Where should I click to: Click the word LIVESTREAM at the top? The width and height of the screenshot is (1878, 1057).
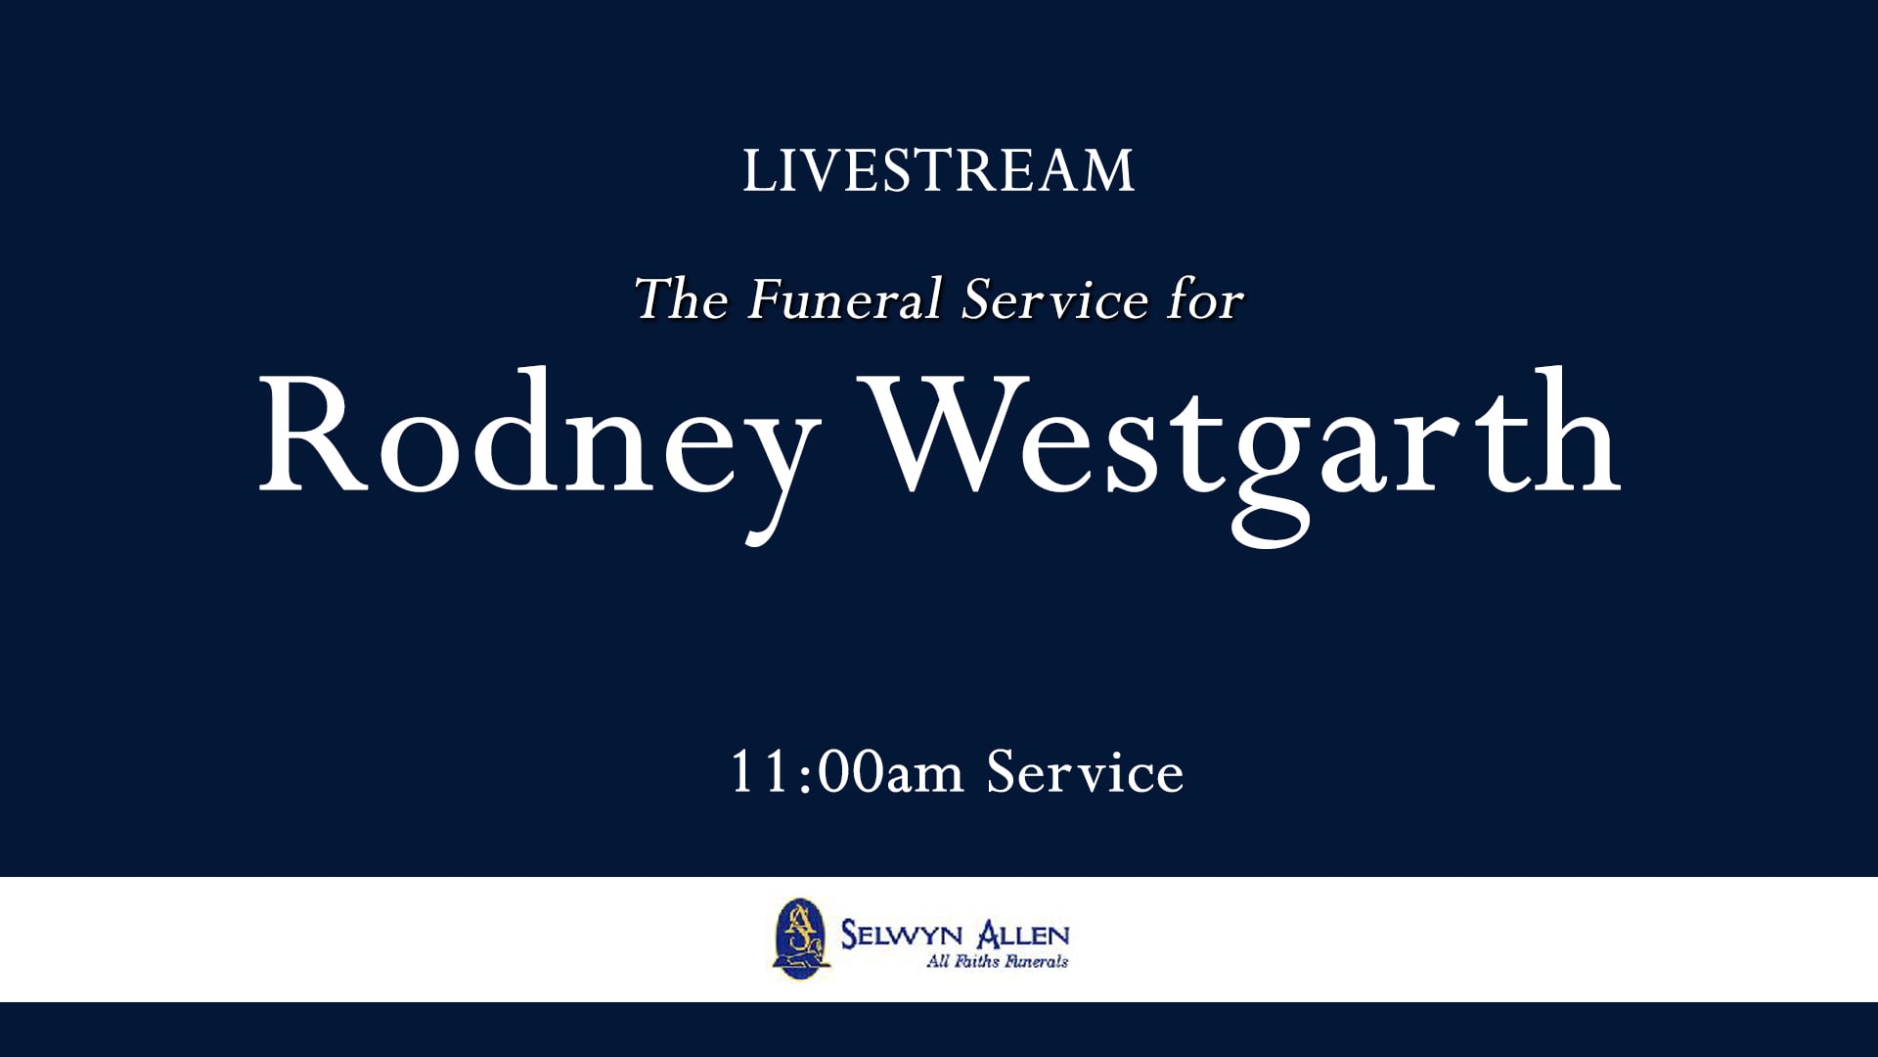click(938, 171)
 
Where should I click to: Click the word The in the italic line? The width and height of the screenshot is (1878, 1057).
click(682, 299)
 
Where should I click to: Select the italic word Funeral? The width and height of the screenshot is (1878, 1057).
click(845, 299)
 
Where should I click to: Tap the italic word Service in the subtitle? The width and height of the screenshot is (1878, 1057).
click(1054, 299)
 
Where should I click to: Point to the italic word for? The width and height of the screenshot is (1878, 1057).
click(1205, 299)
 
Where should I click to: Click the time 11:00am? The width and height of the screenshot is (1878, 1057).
click(847, 773)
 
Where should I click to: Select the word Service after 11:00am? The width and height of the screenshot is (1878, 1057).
click(1085, 773)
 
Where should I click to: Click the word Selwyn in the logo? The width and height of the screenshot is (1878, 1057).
click(901, 935)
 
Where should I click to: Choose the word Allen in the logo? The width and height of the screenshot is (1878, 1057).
click(1023, 935)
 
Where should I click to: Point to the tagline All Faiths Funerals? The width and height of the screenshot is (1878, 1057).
click(997, 962)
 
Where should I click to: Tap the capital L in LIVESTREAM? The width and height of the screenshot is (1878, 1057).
click(755, 172)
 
